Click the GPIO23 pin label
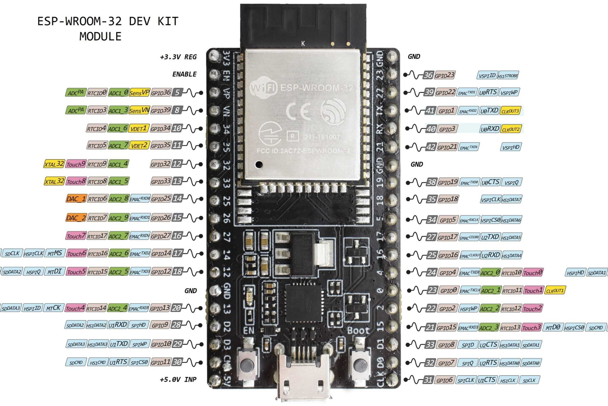[x=445, y=75]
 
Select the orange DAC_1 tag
[x=76, y=199]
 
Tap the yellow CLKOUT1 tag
[x=555, y=290]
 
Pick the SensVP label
[x=139, y=93]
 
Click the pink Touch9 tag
[x=76, y=164]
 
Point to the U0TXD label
[x=489, y=111]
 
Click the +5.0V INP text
[x=178, y=379]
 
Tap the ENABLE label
[x=184, y=74]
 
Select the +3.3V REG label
[x=178, y=57]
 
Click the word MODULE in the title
[x=100, y=36]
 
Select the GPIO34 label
[x=161, y=128]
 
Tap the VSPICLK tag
[x=490, y=199]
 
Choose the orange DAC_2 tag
[x=76, y=218]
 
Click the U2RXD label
[x=490, y=255]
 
